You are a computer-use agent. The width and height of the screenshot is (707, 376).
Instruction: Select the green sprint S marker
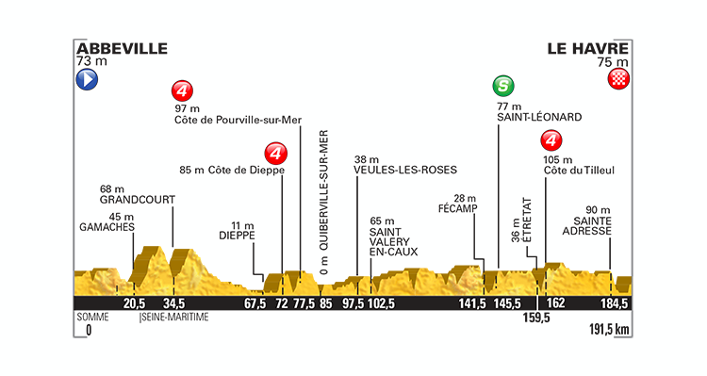(x=504, y=89)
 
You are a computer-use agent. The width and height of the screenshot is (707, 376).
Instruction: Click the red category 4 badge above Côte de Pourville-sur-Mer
(x=183, y=92)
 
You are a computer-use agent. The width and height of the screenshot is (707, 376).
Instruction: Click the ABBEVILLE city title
(x=122, y=47)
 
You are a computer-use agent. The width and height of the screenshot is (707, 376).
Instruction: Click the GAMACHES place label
(x=107, y=226)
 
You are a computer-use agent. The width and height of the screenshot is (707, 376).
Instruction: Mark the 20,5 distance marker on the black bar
(x=134, y=303)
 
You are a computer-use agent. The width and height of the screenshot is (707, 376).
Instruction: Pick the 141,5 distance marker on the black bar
(x=471, y=303)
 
